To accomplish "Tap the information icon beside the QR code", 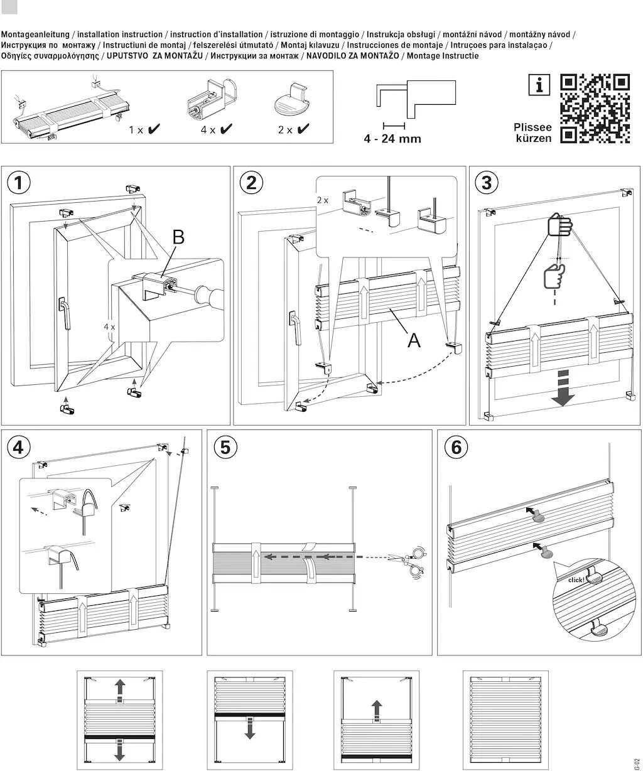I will tap(539, 85).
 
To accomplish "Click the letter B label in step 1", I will tap(178, 237).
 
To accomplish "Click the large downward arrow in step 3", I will tap(563, 387).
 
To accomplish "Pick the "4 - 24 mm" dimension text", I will tap(392, 138).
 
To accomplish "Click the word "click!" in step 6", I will tap(575, 580).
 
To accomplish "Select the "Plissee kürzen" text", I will tap(532, 132).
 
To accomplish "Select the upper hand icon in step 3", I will tap(560, 225).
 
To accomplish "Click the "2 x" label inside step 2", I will tap(323, 200).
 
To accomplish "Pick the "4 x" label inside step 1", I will tap(109, 327).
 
